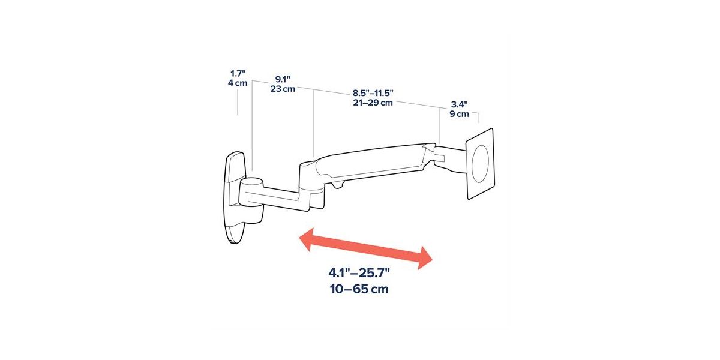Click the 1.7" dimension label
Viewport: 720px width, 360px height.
point(238,74)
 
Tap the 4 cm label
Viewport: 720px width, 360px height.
point(238,83)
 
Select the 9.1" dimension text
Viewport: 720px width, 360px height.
point(283,79)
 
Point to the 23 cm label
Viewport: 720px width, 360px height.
point(283,89)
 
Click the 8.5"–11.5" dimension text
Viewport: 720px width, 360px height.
point(373,93)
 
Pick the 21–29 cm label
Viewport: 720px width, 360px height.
point(373,103)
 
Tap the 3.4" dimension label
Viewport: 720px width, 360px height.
point(460,104)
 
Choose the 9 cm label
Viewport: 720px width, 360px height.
point(460,114)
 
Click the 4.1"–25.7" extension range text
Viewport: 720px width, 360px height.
point(359,273)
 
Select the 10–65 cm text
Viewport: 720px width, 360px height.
point(359,289)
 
